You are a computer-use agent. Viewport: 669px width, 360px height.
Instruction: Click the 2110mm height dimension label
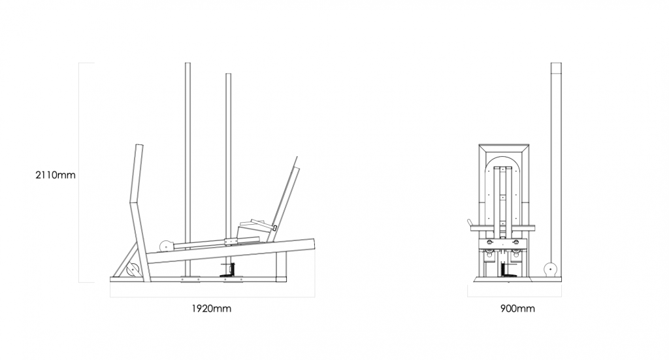(56, 175)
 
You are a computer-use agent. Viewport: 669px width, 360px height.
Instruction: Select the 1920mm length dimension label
(211, 308)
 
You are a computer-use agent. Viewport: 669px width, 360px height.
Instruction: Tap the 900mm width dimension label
(517, 308)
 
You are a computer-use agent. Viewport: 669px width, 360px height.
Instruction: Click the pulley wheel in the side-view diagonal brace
(133, 270)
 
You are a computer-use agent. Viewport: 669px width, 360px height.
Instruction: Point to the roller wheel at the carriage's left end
(165, 246)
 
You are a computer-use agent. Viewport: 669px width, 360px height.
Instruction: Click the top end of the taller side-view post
(188, 63)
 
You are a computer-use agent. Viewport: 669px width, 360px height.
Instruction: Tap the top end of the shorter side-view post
(228, 74)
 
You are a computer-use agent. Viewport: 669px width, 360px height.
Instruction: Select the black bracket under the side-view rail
(231, 271)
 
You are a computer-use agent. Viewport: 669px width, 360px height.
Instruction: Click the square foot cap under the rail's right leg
(281, 280)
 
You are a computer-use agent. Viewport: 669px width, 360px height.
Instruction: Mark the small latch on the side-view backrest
(275, 228)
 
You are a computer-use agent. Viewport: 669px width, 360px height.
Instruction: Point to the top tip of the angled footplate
(297, 157)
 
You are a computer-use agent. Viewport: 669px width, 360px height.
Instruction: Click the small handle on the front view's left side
(470, 223)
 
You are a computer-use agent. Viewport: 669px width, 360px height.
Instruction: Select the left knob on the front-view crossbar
(490, 242)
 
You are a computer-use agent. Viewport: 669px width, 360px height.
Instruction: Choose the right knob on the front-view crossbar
(516, 242)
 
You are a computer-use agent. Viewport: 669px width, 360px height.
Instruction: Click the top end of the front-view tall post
(556, 63)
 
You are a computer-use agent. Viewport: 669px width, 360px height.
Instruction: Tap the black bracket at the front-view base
(506, 271)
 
